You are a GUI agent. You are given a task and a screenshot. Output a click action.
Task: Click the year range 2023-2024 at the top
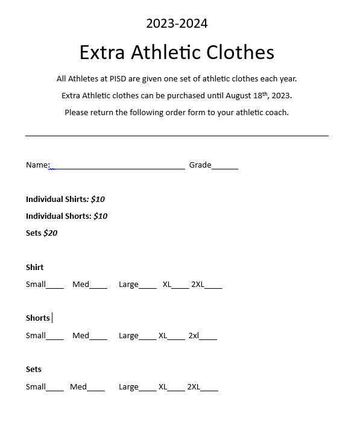click(x=177, y=24)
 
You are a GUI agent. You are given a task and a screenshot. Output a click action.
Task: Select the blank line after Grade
click(x=225, y=167)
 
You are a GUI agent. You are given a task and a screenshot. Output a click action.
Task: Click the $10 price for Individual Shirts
click(x=98, y=199)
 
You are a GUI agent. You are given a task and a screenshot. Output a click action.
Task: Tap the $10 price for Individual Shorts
click(x=100, y=216)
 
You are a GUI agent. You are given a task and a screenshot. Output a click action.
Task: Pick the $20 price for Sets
click(x=50, y=233)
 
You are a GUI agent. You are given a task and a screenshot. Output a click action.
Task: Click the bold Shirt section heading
click(x=35, y=267)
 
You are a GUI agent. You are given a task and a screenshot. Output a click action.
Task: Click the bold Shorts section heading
click(x=38, y=318)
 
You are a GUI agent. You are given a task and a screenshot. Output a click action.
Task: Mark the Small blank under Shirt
click(x=55, y=286)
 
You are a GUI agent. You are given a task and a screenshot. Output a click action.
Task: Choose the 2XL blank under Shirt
click(x=213, y=286)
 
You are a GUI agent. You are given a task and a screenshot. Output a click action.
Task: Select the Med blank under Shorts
click(x=98, y=338)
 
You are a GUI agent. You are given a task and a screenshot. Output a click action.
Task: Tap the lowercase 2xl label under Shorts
click(x=194, y=335)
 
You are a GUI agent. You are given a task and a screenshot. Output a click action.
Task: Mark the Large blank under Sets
click(x=148, y=389)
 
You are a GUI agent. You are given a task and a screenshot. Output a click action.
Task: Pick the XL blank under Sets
click(x=176, y=389)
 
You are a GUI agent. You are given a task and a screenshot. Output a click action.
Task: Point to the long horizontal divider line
click(x=177, y=136)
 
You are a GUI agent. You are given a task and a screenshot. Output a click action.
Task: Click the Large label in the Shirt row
click(x=128, y=284)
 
